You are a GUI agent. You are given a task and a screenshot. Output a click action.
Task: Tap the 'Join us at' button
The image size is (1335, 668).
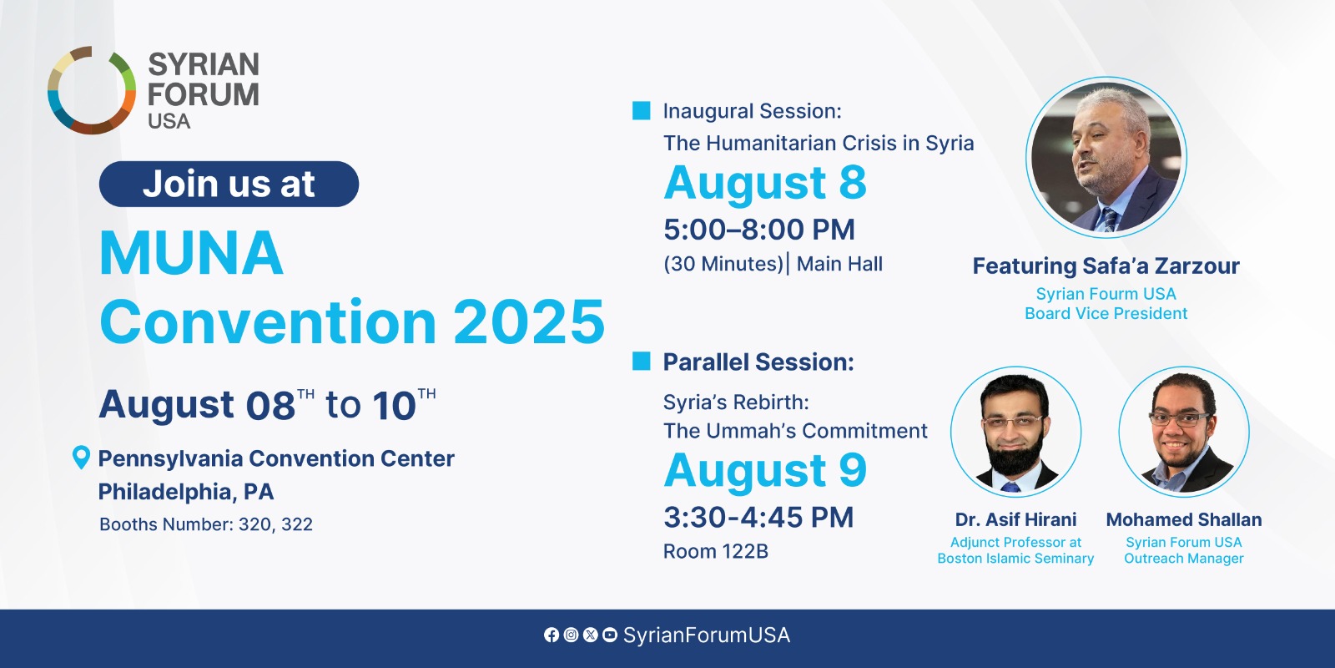[229, 184]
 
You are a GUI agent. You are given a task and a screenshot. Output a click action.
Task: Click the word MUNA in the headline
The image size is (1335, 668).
[191, 253]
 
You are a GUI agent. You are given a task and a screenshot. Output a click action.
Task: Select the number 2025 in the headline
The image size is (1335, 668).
[529, 322]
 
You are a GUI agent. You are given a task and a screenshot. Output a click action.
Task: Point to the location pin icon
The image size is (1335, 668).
[81, 458]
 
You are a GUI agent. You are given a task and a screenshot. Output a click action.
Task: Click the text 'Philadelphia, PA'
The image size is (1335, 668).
[186, 492]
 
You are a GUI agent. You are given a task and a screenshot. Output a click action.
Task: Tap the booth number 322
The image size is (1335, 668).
[297, 524]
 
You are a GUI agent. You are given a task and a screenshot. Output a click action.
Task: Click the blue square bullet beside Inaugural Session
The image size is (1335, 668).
[642, 111]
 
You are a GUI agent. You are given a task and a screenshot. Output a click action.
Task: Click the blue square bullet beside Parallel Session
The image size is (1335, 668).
[642, 361]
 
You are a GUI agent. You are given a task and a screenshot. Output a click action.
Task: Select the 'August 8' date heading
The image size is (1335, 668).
[765, 183]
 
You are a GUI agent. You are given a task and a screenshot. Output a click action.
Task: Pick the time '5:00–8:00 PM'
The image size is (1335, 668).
[759, 230]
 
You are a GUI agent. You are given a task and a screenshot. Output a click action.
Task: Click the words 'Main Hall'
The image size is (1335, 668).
[839, 264]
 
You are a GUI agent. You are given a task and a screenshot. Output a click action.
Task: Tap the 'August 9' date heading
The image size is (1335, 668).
[765, 471]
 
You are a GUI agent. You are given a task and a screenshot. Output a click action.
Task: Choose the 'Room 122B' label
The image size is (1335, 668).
[716, 551]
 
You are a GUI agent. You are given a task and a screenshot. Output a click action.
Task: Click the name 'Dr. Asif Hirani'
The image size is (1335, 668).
[1015, 519]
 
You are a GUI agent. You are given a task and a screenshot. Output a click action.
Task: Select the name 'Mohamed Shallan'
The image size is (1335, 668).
[1184, 519]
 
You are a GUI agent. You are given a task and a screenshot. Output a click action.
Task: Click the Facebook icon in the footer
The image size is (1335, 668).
[552, 635]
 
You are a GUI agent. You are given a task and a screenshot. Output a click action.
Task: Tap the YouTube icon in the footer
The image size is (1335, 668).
[610, 635]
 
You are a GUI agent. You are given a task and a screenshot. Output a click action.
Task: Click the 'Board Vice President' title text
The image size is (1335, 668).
[1106, 313]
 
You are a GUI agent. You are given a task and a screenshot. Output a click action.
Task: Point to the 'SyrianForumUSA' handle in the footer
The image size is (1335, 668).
[707, 635]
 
